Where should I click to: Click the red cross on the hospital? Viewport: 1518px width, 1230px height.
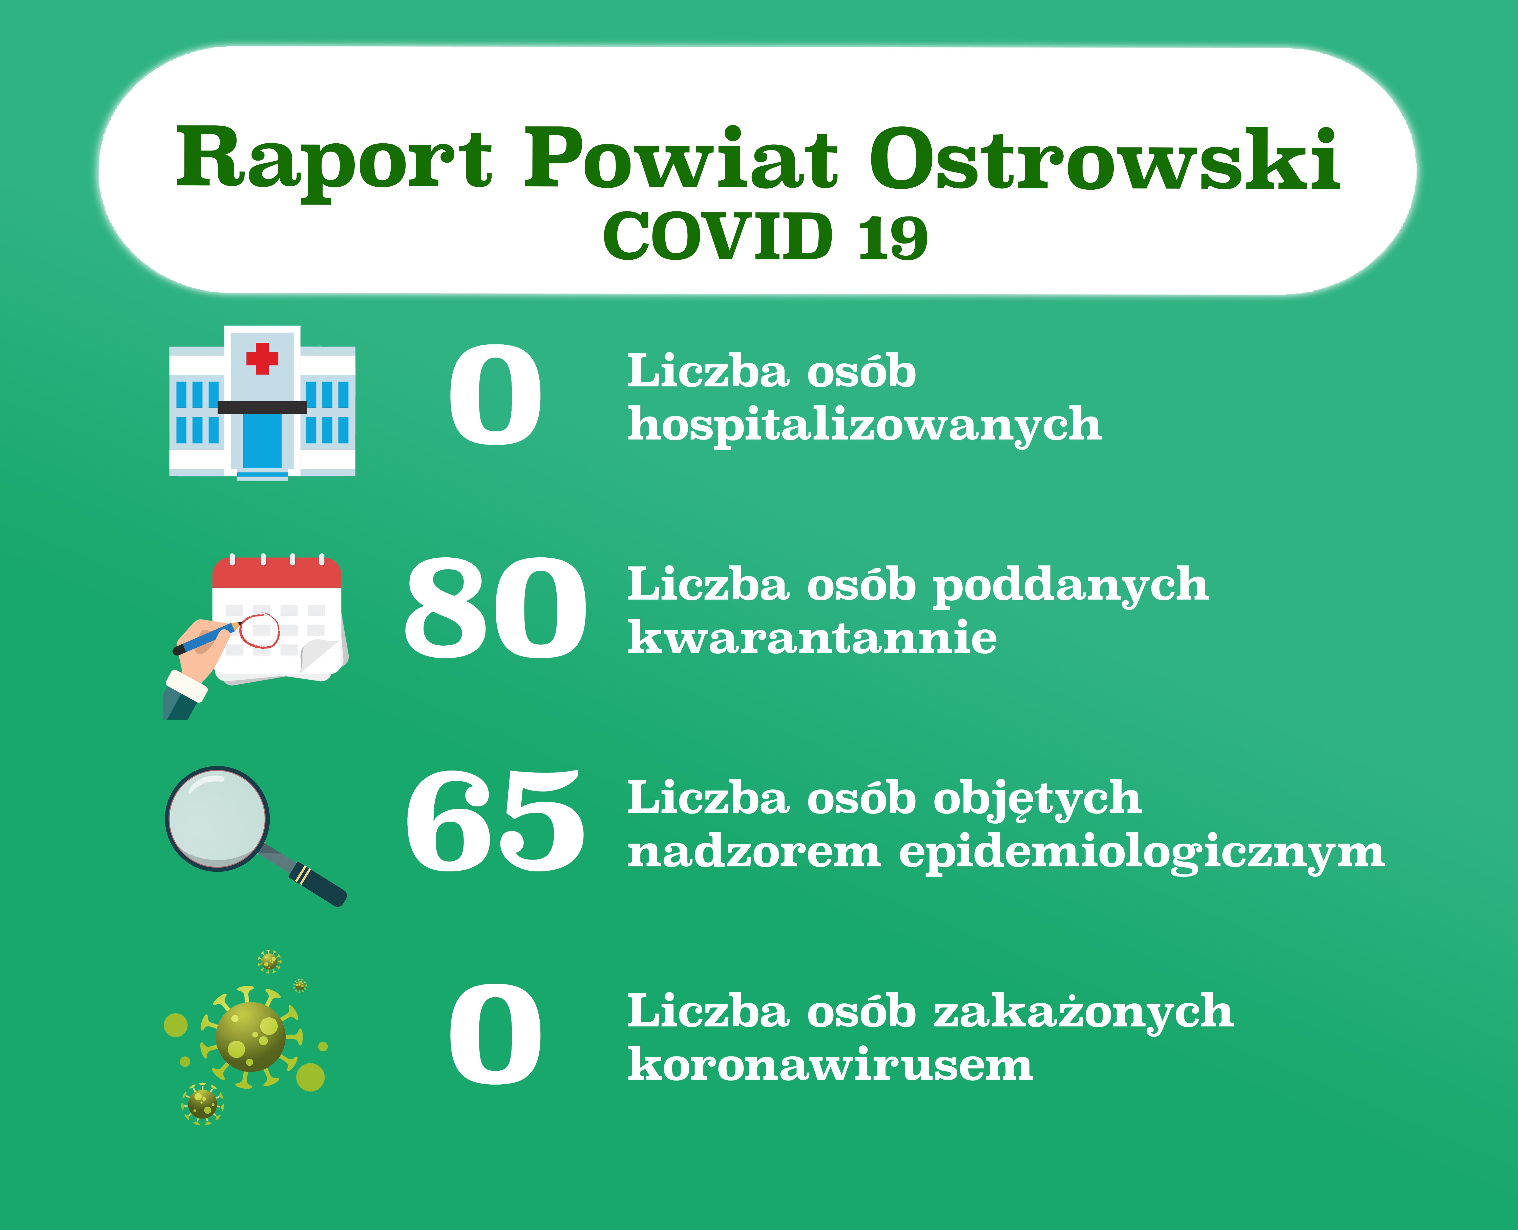262,358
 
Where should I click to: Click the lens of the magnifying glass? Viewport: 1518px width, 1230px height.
218,818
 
